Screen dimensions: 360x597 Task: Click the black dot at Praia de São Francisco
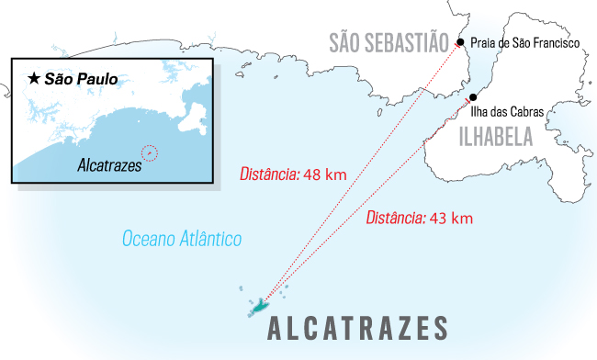coord(459,42)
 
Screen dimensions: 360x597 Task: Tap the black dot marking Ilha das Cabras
coord(472,97)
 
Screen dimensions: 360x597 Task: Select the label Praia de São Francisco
coord(524,42)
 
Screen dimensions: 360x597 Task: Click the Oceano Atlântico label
coord(182,240)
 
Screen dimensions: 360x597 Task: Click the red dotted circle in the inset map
coord(151,152)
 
